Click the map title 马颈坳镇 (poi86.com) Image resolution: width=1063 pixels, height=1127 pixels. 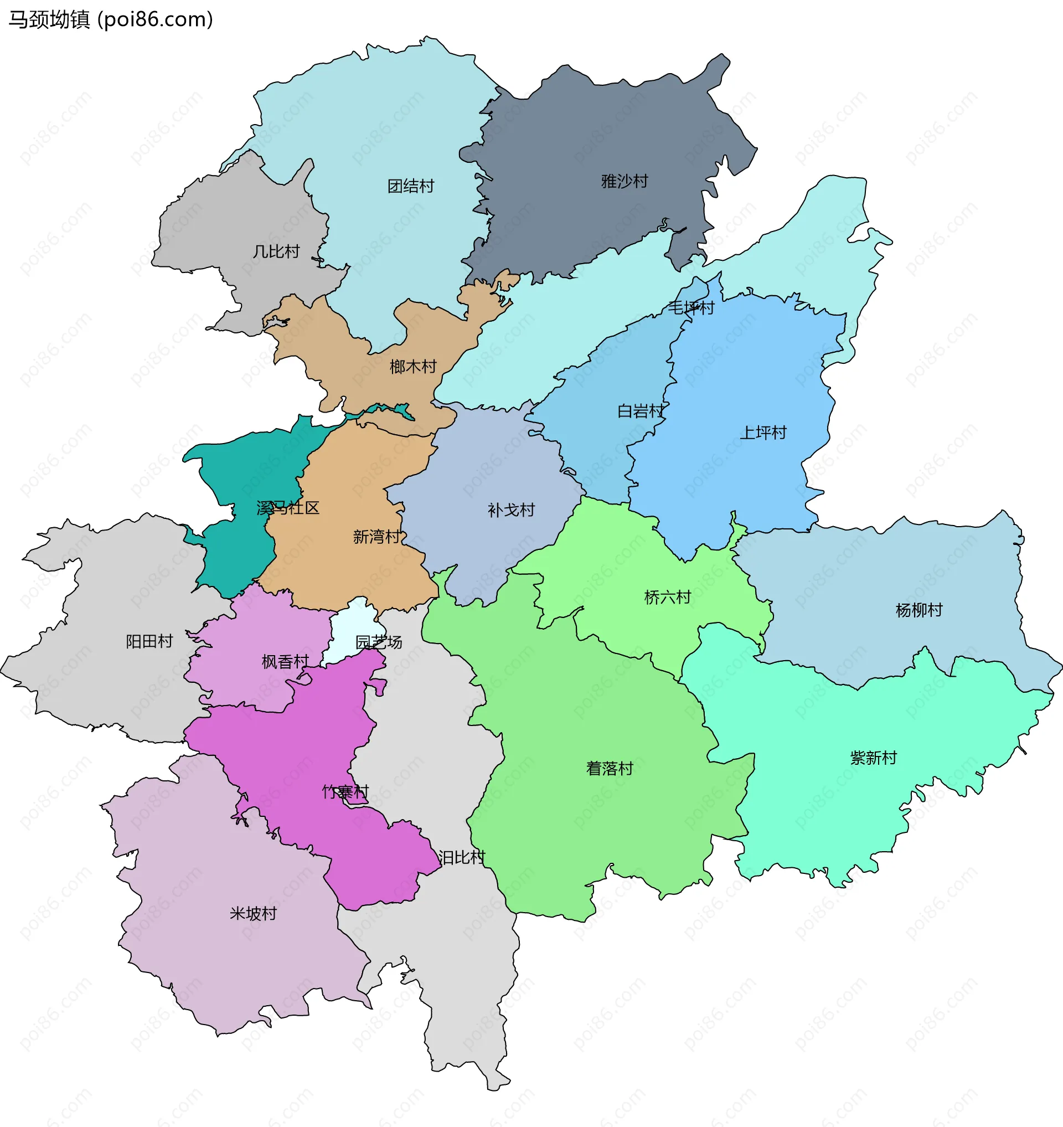pyautogui.click(x=111, y=20)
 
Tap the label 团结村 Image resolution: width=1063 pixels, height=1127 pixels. pyautogui.click(x=410, y=186)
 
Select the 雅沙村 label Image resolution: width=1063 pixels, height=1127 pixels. pyautogui.click(x=624, y=182)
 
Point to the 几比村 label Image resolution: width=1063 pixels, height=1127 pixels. pyautogui.click(x=276, y=251)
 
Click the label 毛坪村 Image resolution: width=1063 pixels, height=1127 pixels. pyautogui.click(x=691, y=308)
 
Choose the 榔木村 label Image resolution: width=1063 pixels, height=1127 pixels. pyautogui.click(x=413, y=367)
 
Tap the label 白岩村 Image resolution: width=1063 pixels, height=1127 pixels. pyautogui.click(x=641, y=411)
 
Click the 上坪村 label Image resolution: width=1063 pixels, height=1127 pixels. pyautogui.click(x=763, y=433)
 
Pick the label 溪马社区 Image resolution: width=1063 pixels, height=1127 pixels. pyautogui.click(x=288, y=508)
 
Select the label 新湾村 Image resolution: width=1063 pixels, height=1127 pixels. pyautogui.click(x=377, y=536)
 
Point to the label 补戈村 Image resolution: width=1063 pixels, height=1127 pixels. pyautogui.click(x=511, y=510)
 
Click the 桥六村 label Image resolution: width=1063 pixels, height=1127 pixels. pyautogui.click(x=668, y=597)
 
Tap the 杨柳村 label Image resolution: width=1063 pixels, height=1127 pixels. pyautogui.click(x=918, y=610)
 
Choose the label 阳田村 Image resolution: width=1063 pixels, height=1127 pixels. pyautogui.click(x=149, y=641)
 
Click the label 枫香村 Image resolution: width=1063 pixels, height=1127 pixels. pyautogui.click(x=285, y=662)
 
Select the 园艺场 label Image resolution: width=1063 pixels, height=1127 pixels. pyautogui.click(x=379, y=642)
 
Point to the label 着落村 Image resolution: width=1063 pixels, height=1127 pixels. pyautogui.click(x=609, y=768)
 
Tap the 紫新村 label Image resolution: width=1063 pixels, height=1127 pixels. pyautogui.click(x=873, y=758)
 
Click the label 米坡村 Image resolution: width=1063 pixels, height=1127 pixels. pyautogui.click(x=252, y=913)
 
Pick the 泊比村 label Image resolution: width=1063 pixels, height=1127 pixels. pyautogui.click(x=462, y=858)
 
